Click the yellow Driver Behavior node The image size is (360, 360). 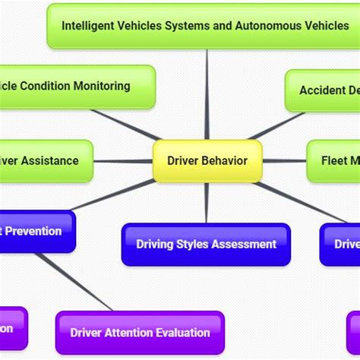(x=207, y=161)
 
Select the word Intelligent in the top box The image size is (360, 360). (x=88, y=25)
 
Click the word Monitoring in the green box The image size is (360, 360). (x=102, y=86)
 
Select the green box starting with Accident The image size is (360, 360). (x=323, y=90)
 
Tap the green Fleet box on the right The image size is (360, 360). (x=334, y=161)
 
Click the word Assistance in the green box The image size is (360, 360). (x=50, y=161)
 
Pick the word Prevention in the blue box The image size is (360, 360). (x=34, y=231)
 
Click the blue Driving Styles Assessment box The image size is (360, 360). (x=206, y=244)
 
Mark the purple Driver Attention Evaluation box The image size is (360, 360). (x=140, y=332)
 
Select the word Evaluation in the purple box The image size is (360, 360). (x=183, y=332)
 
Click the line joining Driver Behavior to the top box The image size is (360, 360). (x=207, y=95)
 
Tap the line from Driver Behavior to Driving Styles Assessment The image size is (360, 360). (x=207, y=203)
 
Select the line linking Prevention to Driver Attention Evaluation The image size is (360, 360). (x=72, y=281)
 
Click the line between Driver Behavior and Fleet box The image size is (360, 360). (x=284, y=161)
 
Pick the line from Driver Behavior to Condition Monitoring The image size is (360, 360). (x=125, y=125)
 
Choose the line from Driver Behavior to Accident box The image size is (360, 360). (x=275, y=126)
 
